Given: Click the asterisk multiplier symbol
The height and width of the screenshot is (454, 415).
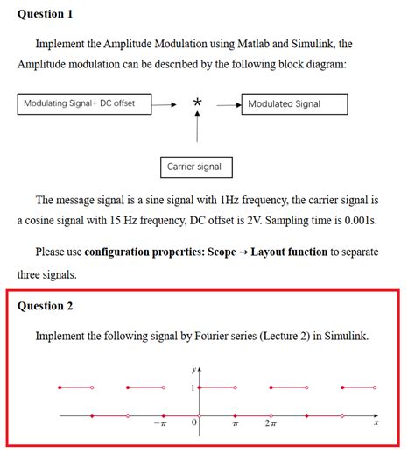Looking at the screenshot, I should pyautogui.click(x=198, y=103).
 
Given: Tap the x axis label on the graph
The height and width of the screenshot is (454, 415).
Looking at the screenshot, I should pyautogui.click(x=376, y=422).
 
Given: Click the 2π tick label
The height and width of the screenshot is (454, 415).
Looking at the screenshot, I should pyautogui.click(x=271, y=423).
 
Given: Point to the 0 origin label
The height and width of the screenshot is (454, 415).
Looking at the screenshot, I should pyautogui.click(x=194, y=423).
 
